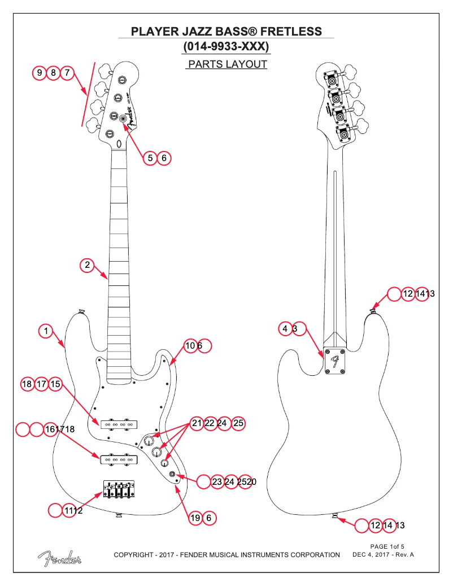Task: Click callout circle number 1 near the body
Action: [46, 331]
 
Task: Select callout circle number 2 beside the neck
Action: [87, 264]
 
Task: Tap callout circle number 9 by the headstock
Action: [40, 73]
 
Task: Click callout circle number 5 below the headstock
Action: [150, 158]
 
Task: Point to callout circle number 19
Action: [195, 518]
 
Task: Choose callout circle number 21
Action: [197, 423]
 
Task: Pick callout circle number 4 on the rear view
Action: [286, 329]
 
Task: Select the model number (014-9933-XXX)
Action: [226, 46]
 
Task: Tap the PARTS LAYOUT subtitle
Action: [226, 64]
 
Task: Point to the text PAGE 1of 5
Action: [387, 546]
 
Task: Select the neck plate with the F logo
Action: [335, 361]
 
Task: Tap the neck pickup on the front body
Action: [119, 424]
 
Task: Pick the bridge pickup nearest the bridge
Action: [119, 459]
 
